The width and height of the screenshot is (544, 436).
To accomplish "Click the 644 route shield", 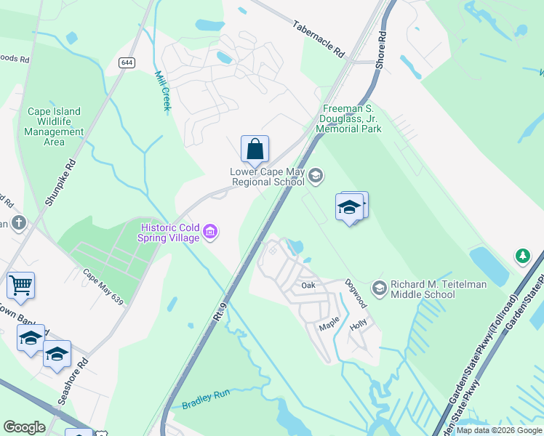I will point(128,63).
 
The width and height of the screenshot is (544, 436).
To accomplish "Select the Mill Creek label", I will point(163,90).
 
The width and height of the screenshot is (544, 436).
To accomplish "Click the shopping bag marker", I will point(255,150).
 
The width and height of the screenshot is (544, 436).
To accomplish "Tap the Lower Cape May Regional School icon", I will point(316,174).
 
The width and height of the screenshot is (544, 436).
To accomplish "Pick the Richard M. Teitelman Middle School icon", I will point(378,288).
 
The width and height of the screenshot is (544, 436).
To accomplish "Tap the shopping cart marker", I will point(20,286).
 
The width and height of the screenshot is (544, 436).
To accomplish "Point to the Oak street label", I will point(308,286).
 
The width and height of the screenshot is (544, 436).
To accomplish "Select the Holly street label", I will point(359,327).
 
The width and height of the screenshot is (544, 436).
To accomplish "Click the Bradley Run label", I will point(206,397).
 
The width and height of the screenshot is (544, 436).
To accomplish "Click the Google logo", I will point(24,427).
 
